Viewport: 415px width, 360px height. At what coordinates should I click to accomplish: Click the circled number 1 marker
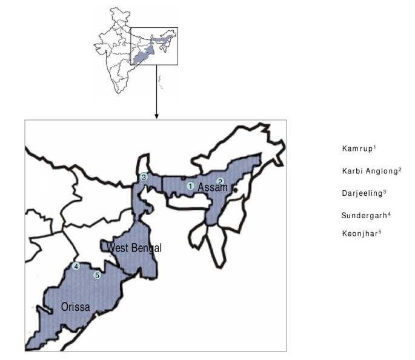[190, 186]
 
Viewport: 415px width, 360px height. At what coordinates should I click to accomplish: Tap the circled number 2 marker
[221, 181]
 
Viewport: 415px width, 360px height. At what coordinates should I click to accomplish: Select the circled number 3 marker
[144, 178]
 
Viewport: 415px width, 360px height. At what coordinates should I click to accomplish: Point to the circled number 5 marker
[96, 276]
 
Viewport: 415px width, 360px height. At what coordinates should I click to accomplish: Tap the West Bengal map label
[134, 248]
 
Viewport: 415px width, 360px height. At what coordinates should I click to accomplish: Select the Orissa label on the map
[75, 307]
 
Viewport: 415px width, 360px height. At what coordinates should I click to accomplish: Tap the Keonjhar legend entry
[360, 233]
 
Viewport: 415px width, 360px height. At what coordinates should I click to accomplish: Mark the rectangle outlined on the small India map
[154, 46]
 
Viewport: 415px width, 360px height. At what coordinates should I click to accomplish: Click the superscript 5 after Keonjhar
[380, 232]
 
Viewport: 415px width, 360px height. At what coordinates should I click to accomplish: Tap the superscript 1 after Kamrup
[376, 147]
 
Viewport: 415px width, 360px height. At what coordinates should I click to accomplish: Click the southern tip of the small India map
[118, 93]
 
